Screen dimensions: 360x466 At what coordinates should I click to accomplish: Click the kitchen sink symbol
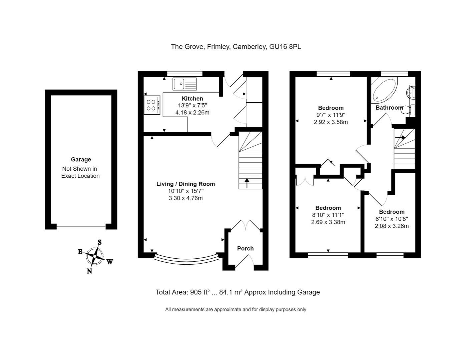click(185, 84)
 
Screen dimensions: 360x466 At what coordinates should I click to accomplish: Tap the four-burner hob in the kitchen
click(152, 105)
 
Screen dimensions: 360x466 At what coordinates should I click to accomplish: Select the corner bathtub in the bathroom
click(384, 89)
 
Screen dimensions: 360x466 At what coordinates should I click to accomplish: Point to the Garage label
click(81, 160)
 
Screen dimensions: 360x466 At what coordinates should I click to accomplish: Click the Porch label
click(245, 249)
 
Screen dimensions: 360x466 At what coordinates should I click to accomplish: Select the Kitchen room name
click(192, 99)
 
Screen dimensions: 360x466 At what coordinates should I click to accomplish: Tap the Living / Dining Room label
click(185, 184)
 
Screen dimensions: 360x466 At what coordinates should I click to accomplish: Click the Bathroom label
click(389, 108)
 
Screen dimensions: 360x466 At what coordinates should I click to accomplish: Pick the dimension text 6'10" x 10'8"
click(392, 219)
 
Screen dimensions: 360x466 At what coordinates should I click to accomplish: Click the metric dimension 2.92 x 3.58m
click(331, 122)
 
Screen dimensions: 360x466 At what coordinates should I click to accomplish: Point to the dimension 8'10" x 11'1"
click(328, 215)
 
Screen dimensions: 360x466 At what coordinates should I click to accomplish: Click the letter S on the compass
click(99, 242)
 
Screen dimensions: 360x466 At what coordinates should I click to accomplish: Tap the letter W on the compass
click(110, 262)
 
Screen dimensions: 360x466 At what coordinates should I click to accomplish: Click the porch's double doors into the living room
click(246, 225)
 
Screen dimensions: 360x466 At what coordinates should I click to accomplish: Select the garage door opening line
click(81, 227)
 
